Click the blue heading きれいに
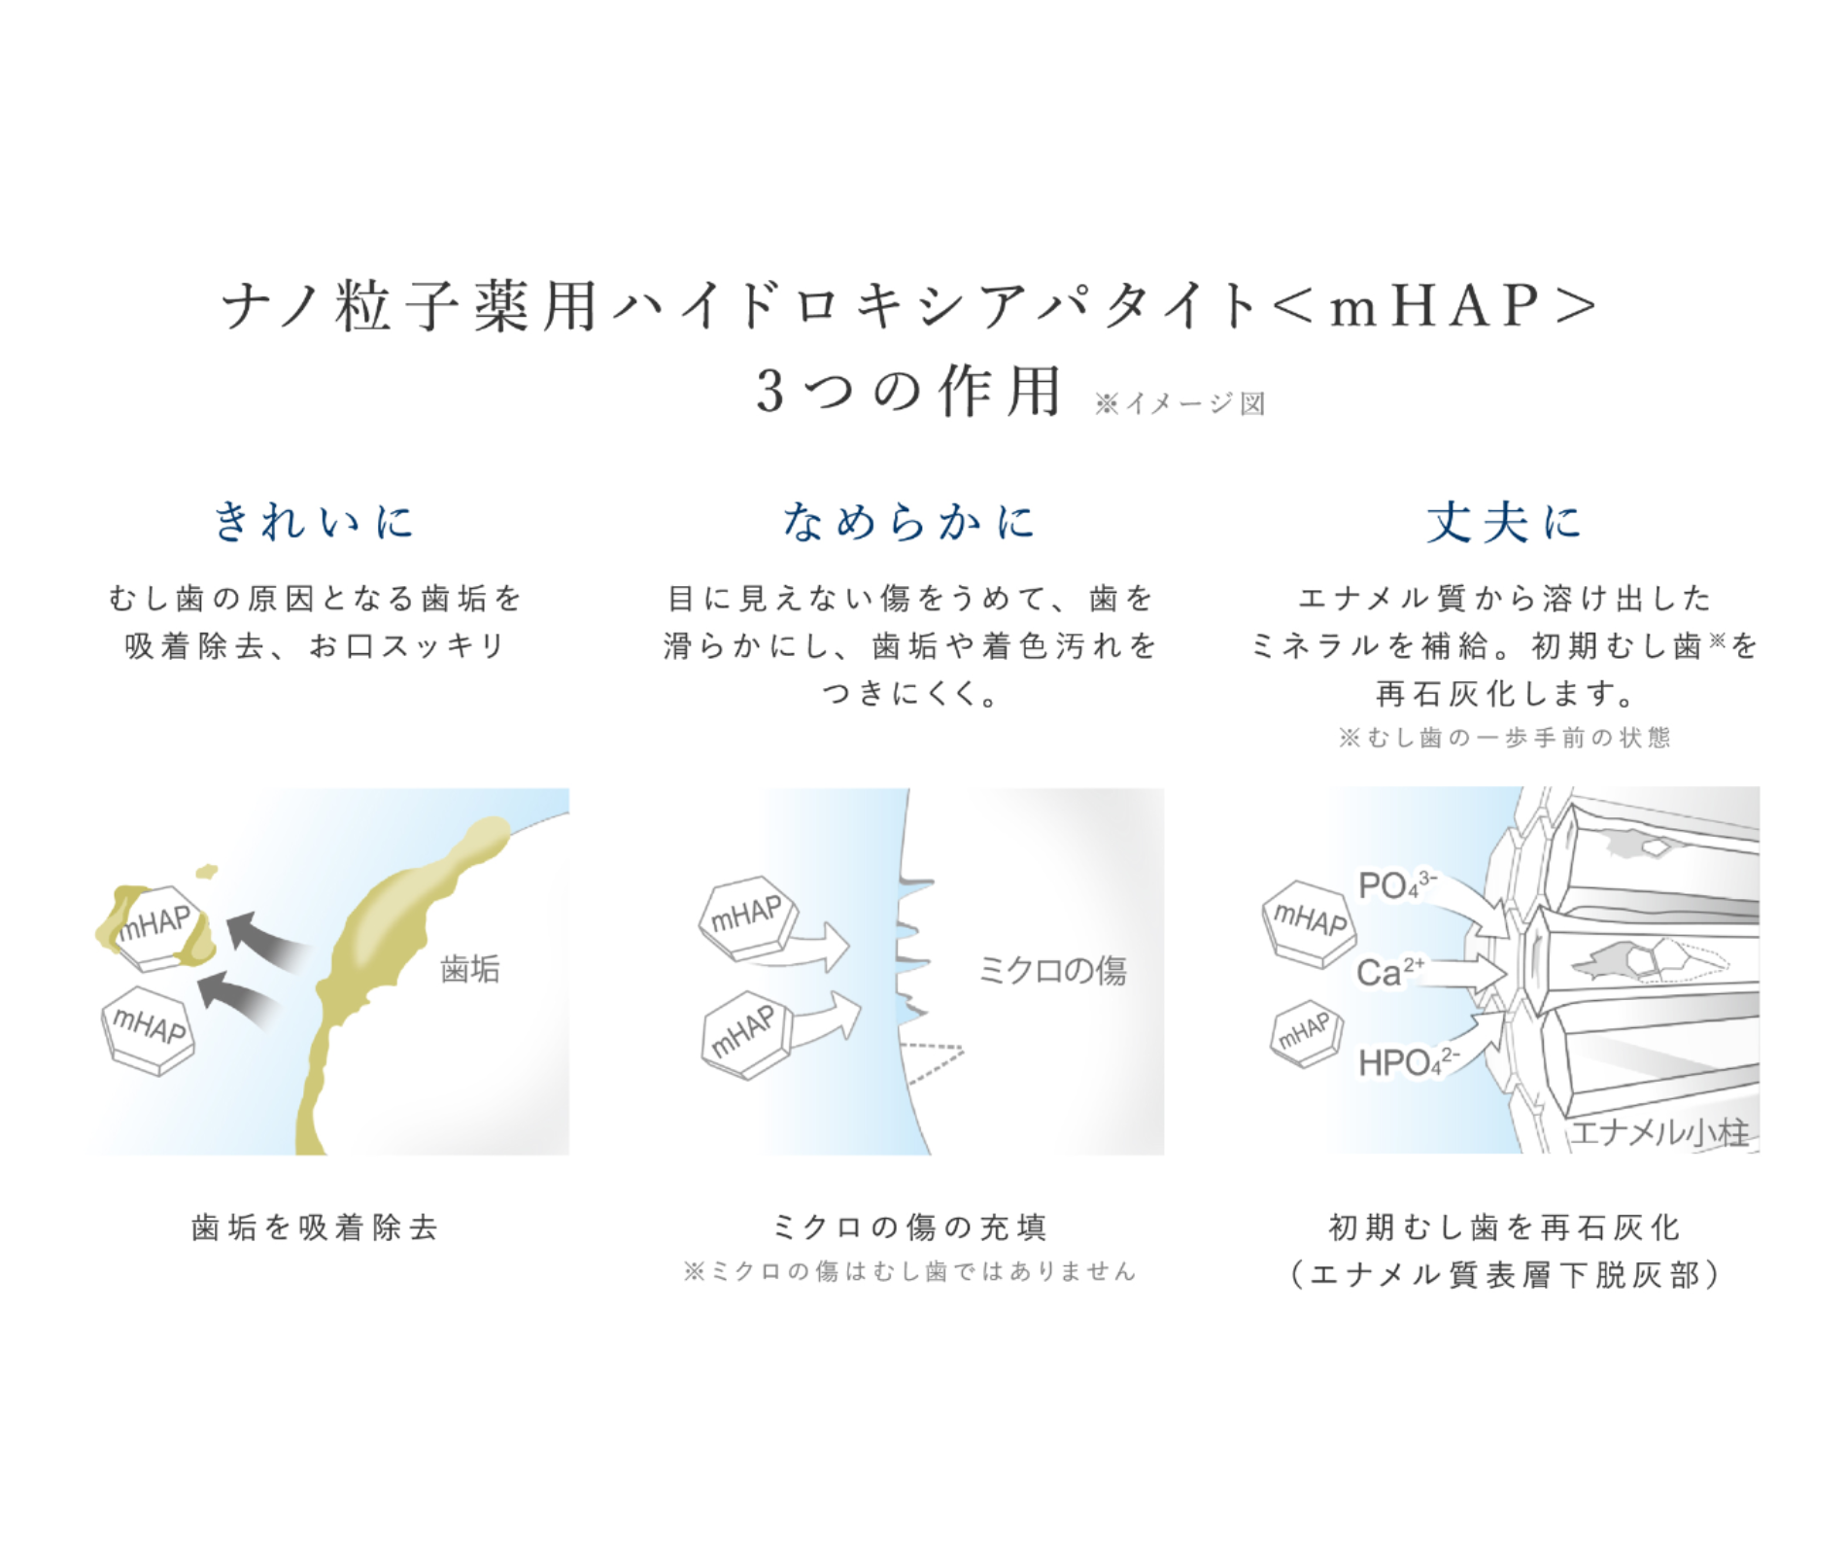tap(314, 521)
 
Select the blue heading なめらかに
tap(908, 521)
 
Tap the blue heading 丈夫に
tap(1504, 521)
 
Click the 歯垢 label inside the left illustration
tap(470, 969)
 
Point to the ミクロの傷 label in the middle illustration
tap(1052, 970)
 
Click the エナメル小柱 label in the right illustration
tap(1660, 1131)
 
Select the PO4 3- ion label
tap(1397, 884)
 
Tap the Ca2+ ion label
tap(1390, 971)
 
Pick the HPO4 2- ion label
tap(1408, 1062)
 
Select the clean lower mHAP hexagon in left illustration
tap(149, 1030)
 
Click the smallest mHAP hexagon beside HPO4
tap(1306, 1033)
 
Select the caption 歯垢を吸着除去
tap(315, 1227)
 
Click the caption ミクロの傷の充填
tap(909, 1227)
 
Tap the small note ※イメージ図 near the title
tap(1179, 403)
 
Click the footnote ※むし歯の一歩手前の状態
tap(1504, 738)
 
